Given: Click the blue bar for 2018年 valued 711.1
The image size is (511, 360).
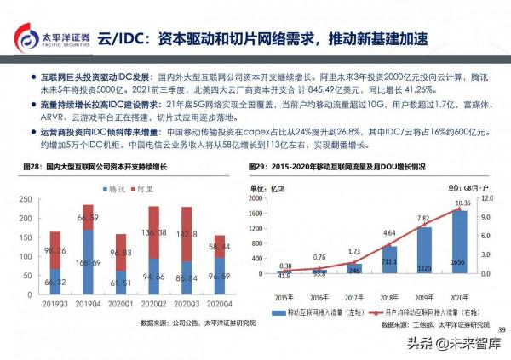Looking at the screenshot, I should pyautogui.click(x=388, y=260).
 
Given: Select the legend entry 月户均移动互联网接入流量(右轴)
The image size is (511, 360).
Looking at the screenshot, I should pyautogui.click(x=425, y=311).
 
